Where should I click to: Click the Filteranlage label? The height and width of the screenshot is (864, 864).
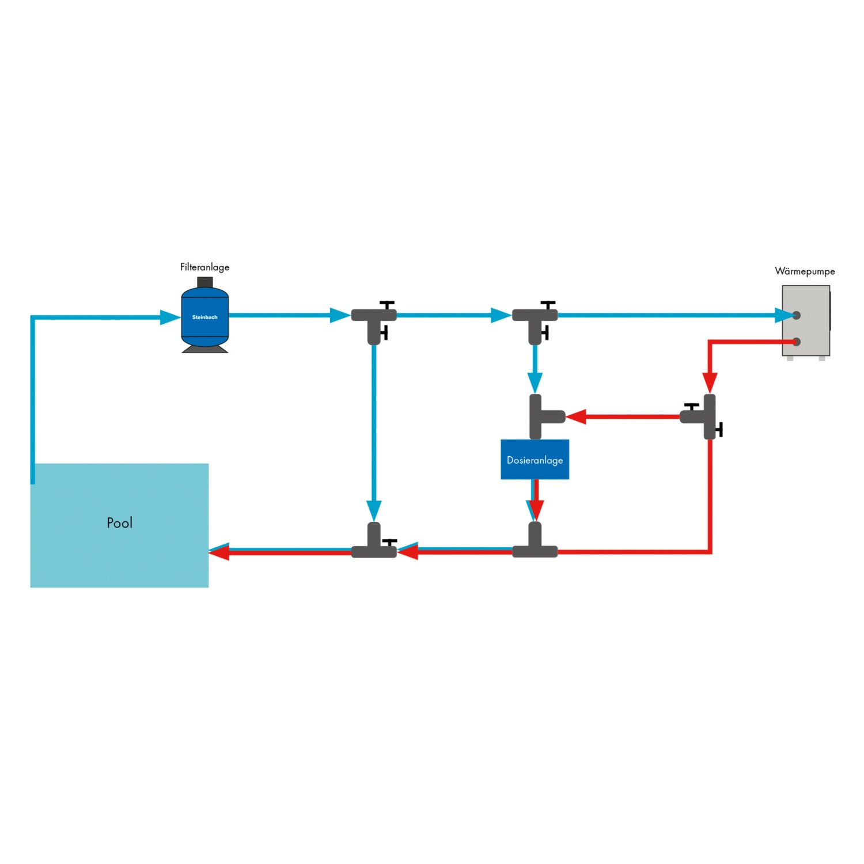click(204, 267)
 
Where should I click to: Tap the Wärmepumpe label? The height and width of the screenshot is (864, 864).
click(805, 271)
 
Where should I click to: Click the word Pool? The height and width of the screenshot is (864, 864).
click(120, 522)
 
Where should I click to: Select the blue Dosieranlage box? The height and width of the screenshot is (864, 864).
click(535, 460)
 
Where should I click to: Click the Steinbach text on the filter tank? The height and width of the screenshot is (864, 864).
click(204, 317)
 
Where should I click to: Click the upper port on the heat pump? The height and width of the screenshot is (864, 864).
click(797, 315)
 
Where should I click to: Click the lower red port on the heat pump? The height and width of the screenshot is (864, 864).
click(797, 342)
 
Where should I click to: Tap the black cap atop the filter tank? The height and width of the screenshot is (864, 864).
click(204, 282)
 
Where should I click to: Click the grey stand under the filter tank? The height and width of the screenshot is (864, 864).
click(204, 349)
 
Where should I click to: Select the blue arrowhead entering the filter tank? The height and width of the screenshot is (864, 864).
click(170, 317)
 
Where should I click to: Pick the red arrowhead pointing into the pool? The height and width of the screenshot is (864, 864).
click(219, 553)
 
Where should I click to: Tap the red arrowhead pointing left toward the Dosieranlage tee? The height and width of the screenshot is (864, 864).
click(576, 416)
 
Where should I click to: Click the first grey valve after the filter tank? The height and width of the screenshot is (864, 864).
click(374, 320)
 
